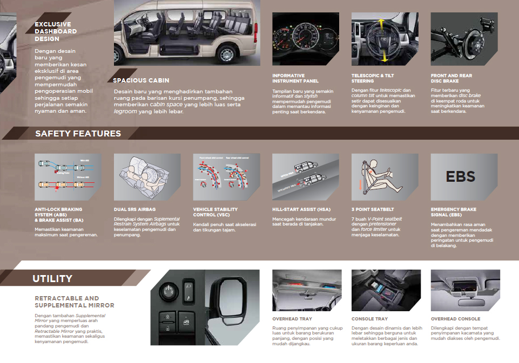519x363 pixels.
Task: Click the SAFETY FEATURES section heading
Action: pyautogui.click(x=78, y=134)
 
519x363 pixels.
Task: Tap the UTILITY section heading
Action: pyautogui.click(x=52, y=279)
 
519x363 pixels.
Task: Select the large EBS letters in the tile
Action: pyautogui.click(x=461, y=176)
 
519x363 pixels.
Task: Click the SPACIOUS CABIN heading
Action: pyautogui.click(x=141, y=81)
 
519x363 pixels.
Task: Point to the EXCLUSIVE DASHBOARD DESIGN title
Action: pyautogui.click(x=56, y=31)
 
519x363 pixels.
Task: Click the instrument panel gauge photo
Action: pyautogui.click(x=306, y=39)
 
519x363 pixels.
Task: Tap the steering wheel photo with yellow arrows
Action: pyautogui.click(x=385, y=39)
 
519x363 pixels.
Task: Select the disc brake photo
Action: pyautogui.click(x=464, y=39)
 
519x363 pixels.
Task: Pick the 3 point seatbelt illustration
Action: pyautogui.click(x=385, y=176)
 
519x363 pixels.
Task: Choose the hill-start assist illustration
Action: pyautogui.click(x=306, y=176)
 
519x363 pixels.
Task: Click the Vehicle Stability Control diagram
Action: pyautogui.click(x=226, y=176)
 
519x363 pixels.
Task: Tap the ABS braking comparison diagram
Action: pyautogui.click(x=68, y=176)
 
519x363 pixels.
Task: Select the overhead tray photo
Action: pyautogui.click(x=306, y=292)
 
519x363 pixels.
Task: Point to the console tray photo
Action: pyautogui.click(x=385, y=292)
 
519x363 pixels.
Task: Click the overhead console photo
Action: pyautogui.click(x=464, y=292)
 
